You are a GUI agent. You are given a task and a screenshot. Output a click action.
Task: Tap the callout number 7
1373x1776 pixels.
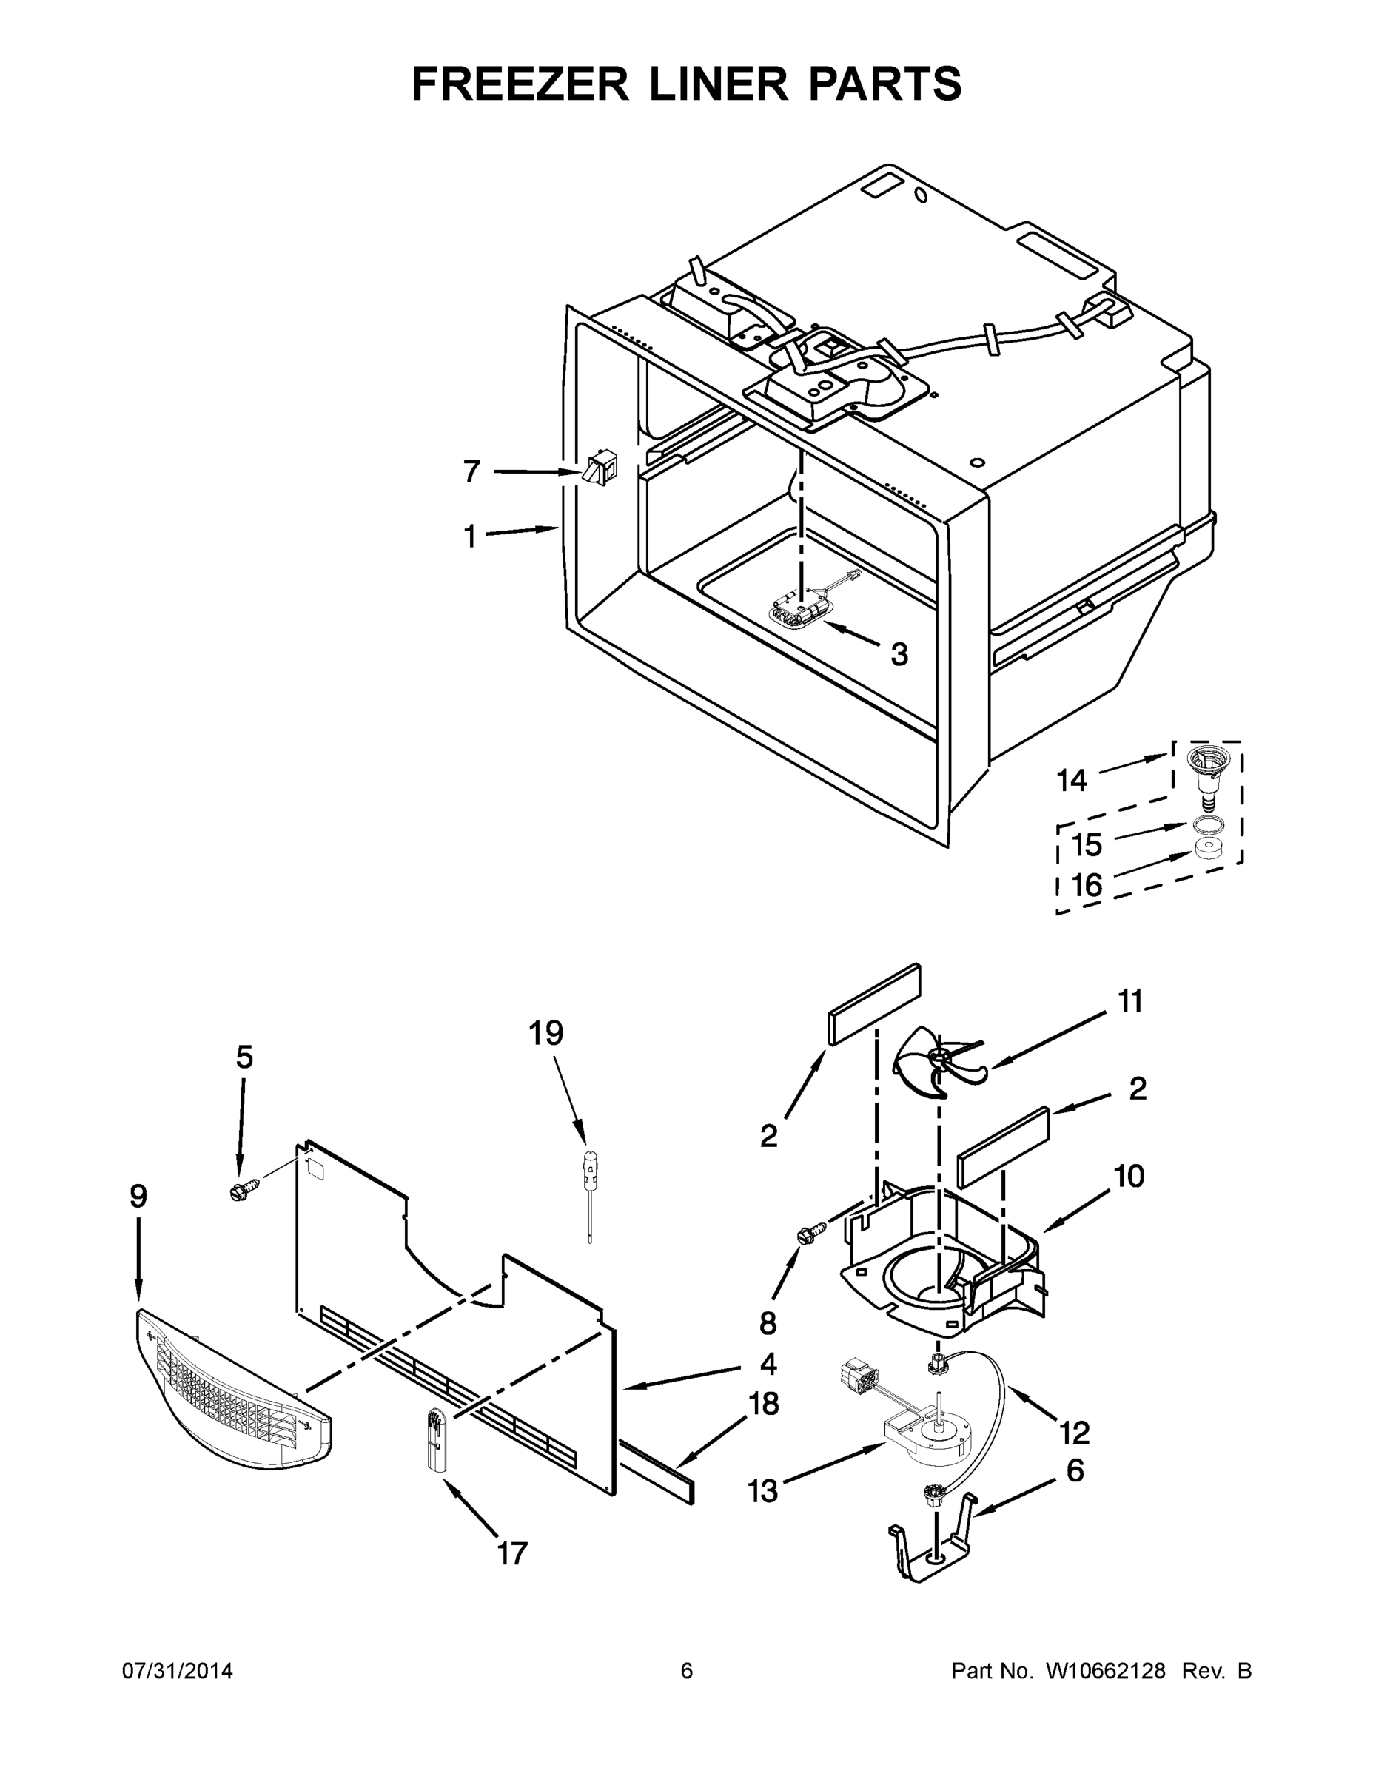[x=471, y=471]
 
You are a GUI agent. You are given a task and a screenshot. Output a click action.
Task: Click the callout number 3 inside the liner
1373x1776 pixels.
[x=899, y=654]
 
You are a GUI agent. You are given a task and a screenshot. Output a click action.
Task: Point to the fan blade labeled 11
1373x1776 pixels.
[x=938, y=1066]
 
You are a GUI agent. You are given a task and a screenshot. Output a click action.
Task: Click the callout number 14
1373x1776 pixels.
[x=1071, y=781]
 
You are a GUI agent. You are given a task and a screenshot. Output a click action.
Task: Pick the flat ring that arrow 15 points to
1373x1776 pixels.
[x=1204, y=825]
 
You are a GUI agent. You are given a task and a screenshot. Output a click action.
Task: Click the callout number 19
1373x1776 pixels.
[x=545, y=1033]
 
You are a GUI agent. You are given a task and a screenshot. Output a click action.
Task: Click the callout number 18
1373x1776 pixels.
[x=763, y=1404]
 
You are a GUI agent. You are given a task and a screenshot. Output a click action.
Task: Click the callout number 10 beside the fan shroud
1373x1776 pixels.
[x=1129, y=1176]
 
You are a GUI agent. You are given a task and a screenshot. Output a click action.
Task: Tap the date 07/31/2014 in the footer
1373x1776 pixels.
[x=178, y=1670]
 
